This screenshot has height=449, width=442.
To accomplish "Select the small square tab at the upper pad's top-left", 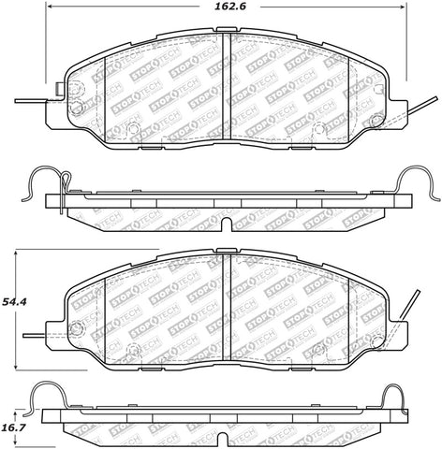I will click(x=61, y=91).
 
